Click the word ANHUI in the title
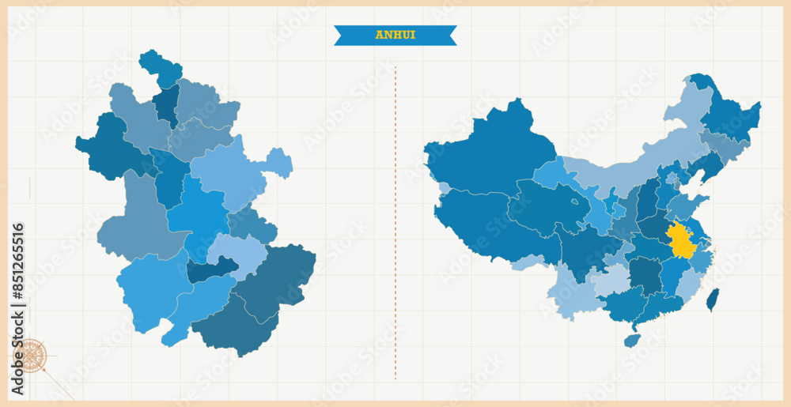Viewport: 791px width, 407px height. pos(395,35)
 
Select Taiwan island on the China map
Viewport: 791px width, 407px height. pos(713,300)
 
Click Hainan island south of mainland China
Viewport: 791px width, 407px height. pos(631,340)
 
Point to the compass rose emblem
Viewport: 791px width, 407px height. pos(31,355)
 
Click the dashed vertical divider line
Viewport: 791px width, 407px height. pos(395,221)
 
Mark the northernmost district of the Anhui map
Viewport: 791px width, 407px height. pos(161,67)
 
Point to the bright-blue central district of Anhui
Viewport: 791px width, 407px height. pos(198,213)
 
